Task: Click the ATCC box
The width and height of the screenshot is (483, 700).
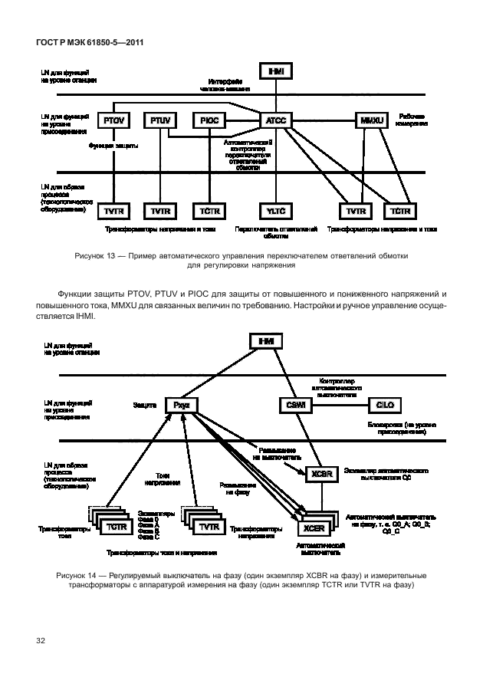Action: pos(275,120)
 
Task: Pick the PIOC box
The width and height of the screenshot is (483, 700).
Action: pos(209,120)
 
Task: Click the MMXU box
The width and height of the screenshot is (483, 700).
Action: pos(372,120)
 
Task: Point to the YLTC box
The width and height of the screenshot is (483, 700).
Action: pos(276,210)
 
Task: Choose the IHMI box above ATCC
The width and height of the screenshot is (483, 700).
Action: pos(275,71)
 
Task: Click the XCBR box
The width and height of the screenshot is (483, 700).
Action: pos(320,474)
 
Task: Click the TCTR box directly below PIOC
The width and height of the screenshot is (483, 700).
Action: pos(209,210)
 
